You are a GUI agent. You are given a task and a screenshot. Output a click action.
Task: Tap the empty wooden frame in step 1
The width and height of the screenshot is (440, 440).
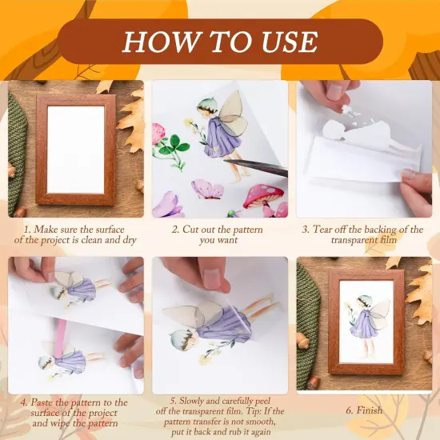point(75,150)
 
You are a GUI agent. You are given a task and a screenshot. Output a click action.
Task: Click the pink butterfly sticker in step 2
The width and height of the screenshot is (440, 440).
point(207,190)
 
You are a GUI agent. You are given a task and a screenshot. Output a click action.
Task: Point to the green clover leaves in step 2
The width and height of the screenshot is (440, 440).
point(171,147)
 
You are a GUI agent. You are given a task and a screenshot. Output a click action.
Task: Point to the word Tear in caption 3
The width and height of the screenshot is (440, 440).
point(326,229)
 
